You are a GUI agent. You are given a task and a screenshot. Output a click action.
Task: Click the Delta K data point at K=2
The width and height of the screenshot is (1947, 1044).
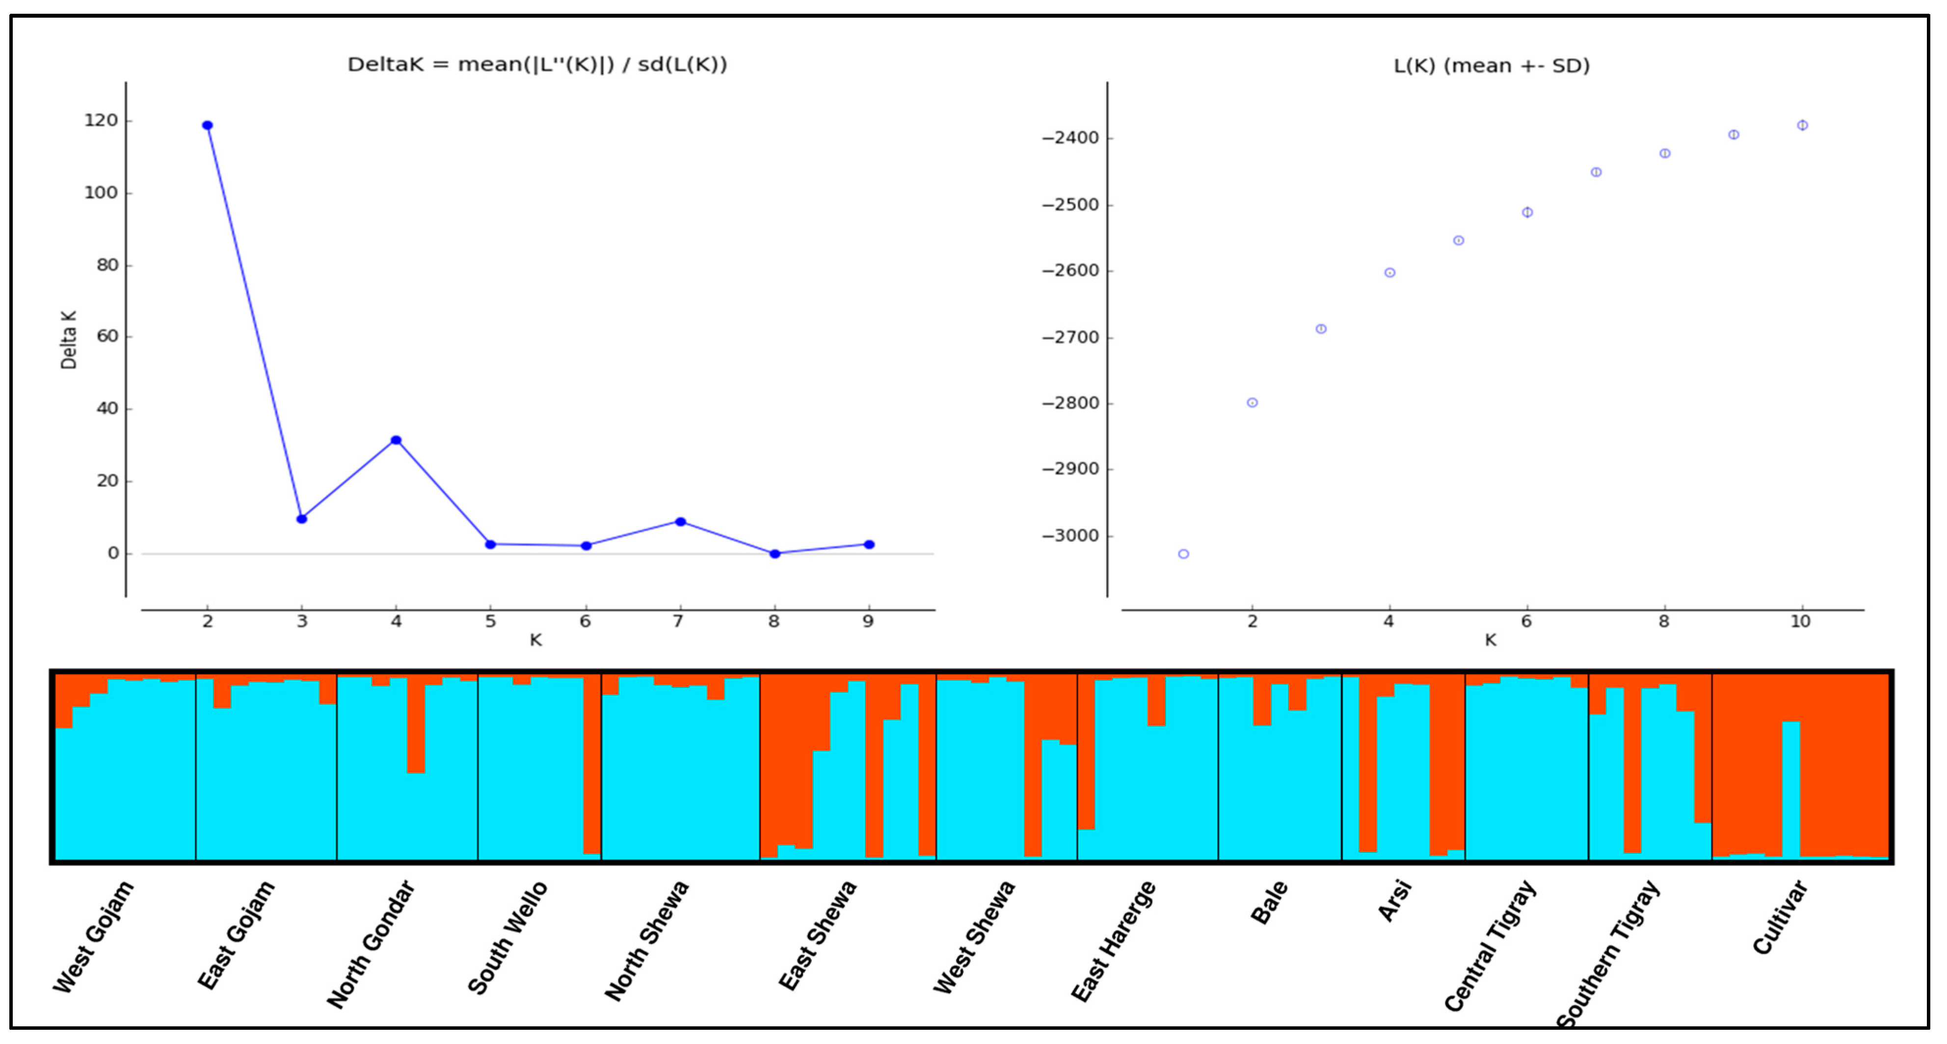click(207, 126)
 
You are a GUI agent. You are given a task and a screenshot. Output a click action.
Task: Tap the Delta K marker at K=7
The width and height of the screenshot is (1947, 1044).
click(680, 522)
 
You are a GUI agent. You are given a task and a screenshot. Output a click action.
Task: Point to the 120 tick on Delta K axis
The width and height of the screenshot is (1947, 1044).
click(101, 121)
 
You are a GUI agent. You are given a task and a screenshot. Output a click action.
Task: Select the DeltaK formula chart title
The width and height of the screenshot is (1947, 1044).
click(536, 65)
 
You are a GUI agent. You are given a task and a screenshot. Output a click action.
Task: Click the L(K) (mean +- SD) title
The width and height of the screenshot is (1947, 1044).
click(1491, 67)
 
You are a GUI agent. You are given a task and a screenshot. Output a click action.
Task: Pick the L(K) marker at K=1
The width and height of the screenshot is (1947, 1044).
click(1184, 554)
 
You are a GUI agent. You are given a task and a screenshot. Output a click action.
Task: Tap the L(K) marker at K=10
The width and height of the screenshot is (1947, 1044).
click(1802, 126)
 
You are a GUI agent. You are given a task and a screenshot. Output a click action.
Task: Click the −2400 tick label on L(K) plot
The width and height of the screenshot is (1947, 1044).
click(1070, 138)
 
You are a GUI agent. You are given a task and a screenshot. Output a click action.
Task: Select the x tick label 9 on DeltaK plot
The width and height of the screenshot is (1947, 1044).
click(868, 621)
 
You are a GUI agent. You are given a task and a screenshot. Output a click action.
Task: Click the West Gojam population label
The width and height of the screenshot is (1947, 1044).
click(93, 937)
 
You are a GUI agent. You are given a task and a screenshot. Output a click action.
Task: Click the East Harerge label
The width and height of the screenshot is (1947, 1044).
click(1113, 942)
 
